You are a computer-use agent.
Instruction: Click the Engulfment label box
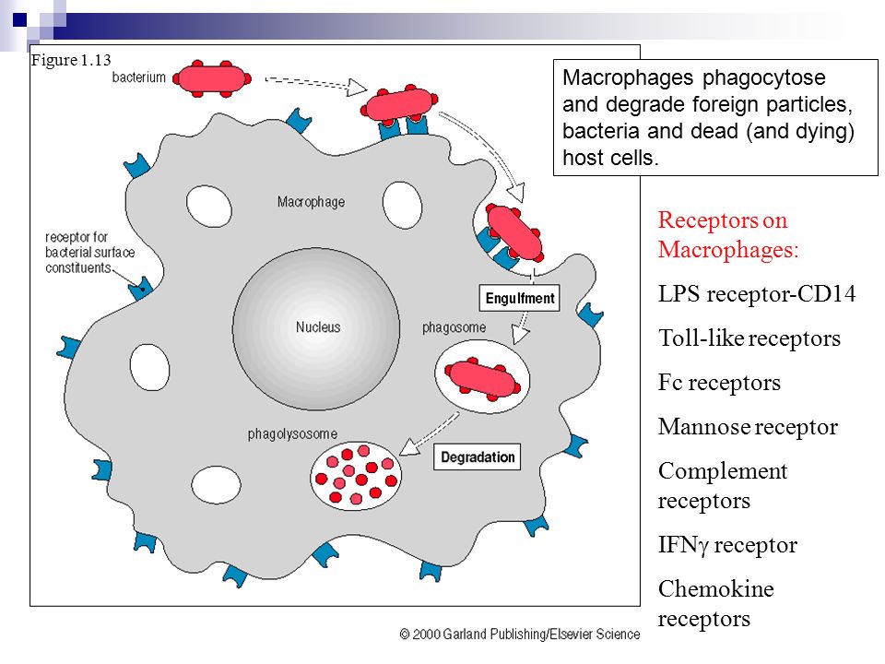tap(520, 298)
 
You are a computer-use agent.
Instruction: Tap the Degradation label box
tap(478, 457)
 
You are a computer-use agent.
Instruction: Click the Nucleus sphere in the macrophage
tap(316, 327)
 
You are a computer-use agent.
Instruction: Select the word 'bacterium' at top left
tap(139, 77)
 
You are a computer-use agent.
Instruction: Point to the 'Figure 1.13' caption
tap(71, 60)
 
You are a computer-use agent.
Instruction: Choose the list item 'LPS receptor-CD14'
tap(757, 294)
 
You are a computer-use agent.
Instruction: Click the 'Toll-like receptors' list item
tap(749, 338)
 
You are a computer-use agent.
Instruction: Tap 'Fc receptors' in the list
tap(719, 383)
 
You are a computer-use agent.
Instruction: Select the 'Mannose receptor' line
tap(748, 427)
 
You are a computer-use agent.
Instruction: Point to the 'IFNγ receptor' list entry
tap(727, 545)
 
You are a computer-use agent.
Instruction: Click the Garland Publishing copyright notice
tap(519, 634)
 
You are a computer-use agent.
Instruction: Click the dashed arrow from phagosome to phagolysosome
tap(429, 432)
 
